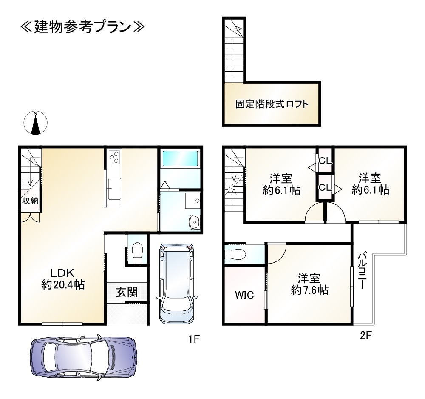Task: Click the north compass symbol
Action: coord(36,123)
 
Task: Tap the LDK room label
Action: coord(63,273)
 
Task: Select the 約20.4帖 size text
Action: coord(63,284)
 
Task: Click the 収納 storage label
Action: coord(30,201)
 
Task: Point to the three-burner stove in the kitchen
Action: coord(114,157)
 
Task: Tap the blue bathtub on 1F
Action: coord(180,158)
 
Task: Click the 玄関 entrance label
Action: coord(127,292)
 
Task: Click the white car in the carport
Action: coord(176,284)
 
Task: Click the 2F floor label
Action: coord(365,336)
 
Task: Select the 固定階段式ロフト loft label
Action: coord(272,104)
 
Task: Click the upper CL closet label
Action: coord(325,161)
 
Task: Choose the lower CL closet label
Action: coord(325,187)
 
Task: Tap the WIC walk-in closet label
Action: coord(244,295)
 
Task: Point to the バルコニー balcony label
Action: coord(362,270)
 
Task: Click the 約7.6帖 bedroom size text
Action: coord(309,290)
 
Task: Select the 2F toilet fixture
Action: coord(235,255)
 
